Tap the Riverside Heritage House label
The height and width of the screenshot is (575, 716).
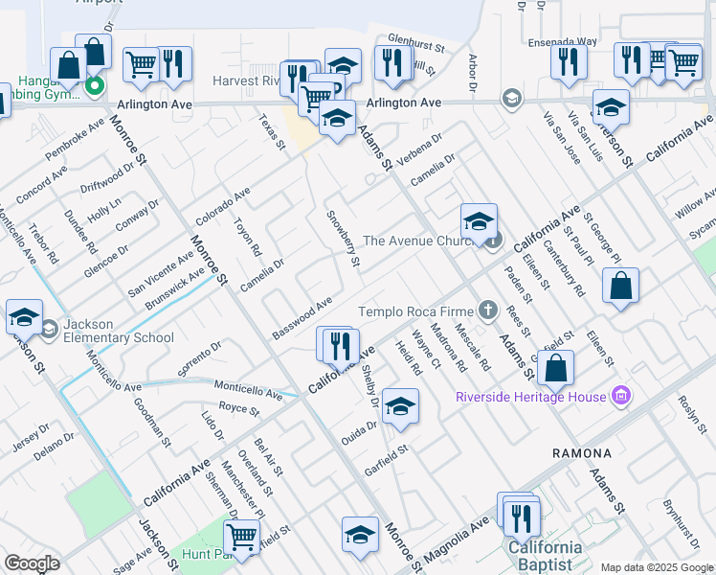pos(531,397)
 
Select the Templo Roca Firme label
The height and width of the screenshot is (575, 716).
pos(416,311)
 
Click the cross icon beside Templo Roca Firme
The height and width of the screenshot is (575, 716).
pos(489,310)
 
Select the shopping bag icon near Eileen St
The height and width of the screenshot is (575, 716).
pos(620,285)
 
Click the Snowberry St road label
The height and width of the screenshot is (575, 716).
pos(343,239)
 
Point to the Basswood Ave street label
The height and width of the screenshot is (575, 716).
pos(302,317)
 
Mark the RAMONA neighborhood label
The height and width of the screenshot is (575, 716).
pos(581,452)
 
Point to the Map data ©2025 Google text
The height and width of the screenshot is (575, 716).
pos(657,567)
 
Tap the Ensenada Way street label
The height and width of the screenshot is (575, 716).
pos(562,43)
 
